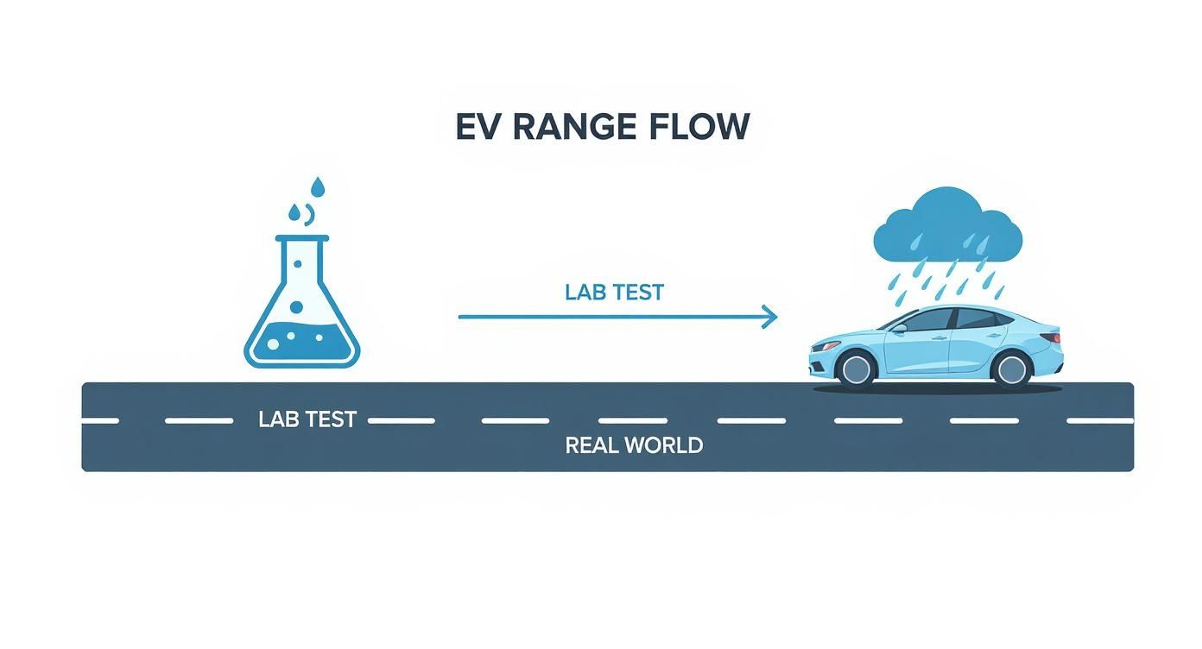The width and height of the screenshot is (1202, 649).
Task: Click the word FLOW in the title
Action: click(x=701, y=127)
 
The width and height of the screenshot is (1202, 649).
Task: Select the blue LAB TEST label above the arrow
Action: click(x=614, y=292)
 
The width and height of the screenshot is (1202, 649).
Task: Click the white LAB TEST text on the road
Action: click(x=307, y=419)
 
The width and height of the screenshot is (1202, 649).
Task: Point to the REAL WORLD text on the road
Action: click(x=634, y=445)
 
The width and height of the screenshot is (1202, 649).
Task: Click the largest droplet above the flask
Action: click(x=319, y=186)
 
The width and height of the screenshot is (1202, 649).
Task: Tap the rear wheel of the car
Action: click(x=1011, y=369)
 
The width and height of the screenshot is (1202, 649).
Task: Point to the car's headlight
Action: click(x=827, y=345)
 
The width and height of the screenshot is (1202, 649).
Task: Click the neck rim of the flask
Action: click(x=302, y=237)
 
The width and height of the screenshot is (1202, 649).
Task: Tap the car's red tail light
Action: click(x=1055, y=339)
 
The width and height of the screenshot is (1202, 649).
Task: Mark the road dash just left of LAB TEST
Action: click(x=199, y=420)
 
